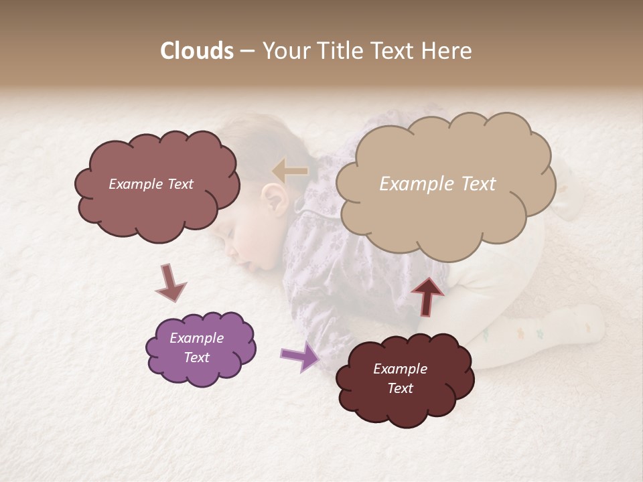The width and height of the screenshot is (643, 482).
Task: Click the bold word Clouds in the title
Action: (x=197, y=51)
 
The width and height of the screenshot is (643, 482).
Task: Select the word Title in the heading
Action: (x=339, y=51)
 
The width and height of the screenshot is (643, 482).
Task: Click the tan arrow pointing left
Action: (x=290, y=171)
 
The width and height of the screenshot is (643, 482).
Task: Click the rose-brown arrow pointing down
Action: (x=170, y=283)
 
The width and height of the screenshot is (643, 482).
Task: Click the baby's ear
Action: (x=275, y=198)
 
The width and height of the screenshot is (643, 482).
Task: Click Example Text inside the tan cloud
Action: (x=437, y=184)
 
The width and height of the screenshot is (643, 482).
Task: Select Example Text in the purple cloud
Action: (x=196, y=347)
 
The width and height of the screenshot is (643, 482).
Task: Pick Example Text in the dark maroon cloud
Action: (x=400, y=378)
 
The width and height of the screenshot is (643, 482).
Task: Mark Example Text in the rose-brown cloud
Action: (x=151, y=184)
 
